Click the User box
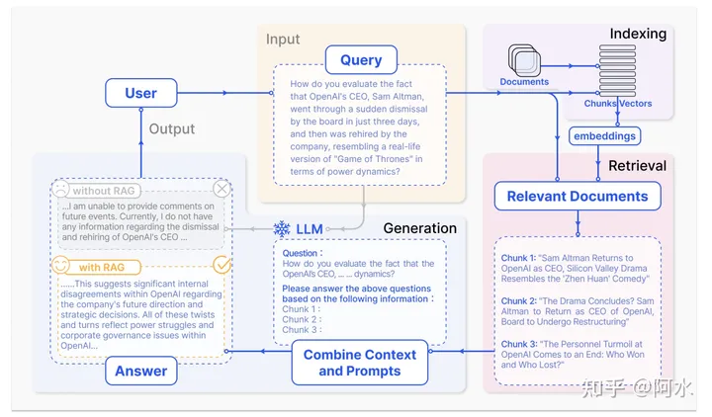point(141,93)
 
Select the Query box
point(361,60)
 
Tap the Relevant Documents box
point(578,196)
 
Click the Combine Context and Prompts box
point(360,363)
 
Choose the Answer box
point(141,372)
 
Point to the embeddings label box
point(603,135)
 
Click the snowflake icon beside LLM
point(282,229)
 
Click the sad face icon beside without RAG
point(62,189)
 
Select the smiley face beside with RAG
point(61,266)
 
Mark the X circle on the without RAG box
point(222,189)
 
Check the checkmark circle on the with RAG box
point(222,265)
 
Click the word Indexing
point(638,34)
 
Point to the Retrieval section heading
point(637,165)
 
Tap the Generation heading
point(419,228)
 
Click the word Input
point(283,40)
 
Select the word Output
point(172,128)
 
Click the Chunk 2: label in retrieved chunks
point(519,300)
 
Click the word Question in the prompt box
point(301,252)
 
